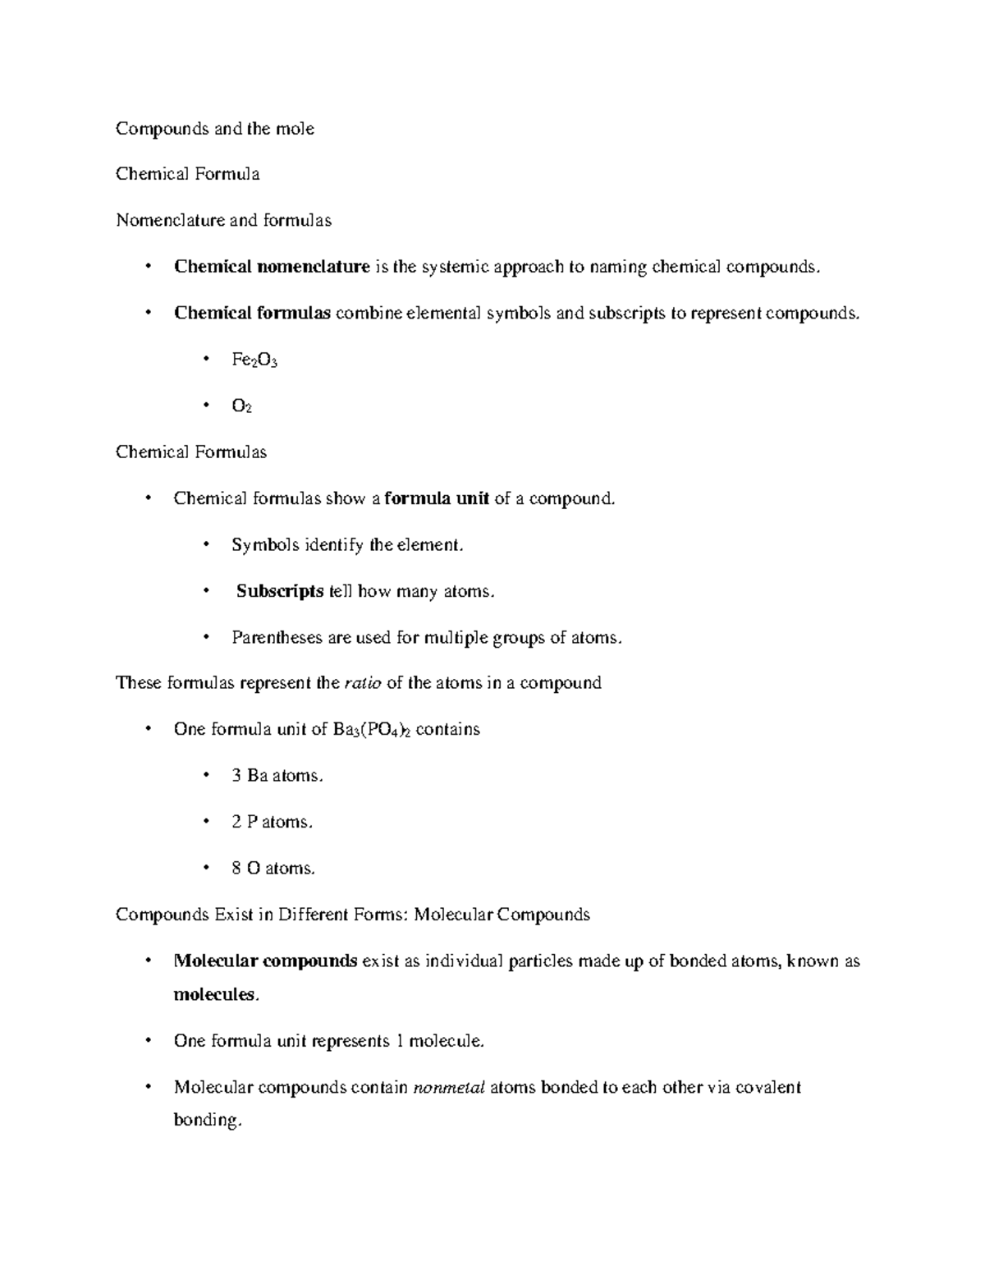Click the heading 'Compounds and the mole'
click(215, 129)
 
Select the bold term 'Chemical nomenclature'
click(272, 267)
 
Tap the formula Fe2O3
click(254, 360)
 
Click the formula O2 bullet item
click(241, 406)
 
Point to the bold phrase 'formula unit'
click(437, 498)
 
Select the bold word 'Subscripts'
click(280, 591)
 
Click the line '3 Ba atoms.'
click(277, 776)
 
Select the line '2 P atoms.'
click(273, 822)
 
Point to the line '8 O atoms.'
click(273, 869)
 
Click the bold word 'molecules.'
click(216, 995)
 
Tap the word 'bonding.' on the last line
click(208, 1121)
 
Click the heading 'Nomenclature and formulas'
click(223, 220)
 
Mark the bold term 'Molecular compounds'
click(265, 961)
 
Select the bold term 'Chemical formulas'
click(252, 313)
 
